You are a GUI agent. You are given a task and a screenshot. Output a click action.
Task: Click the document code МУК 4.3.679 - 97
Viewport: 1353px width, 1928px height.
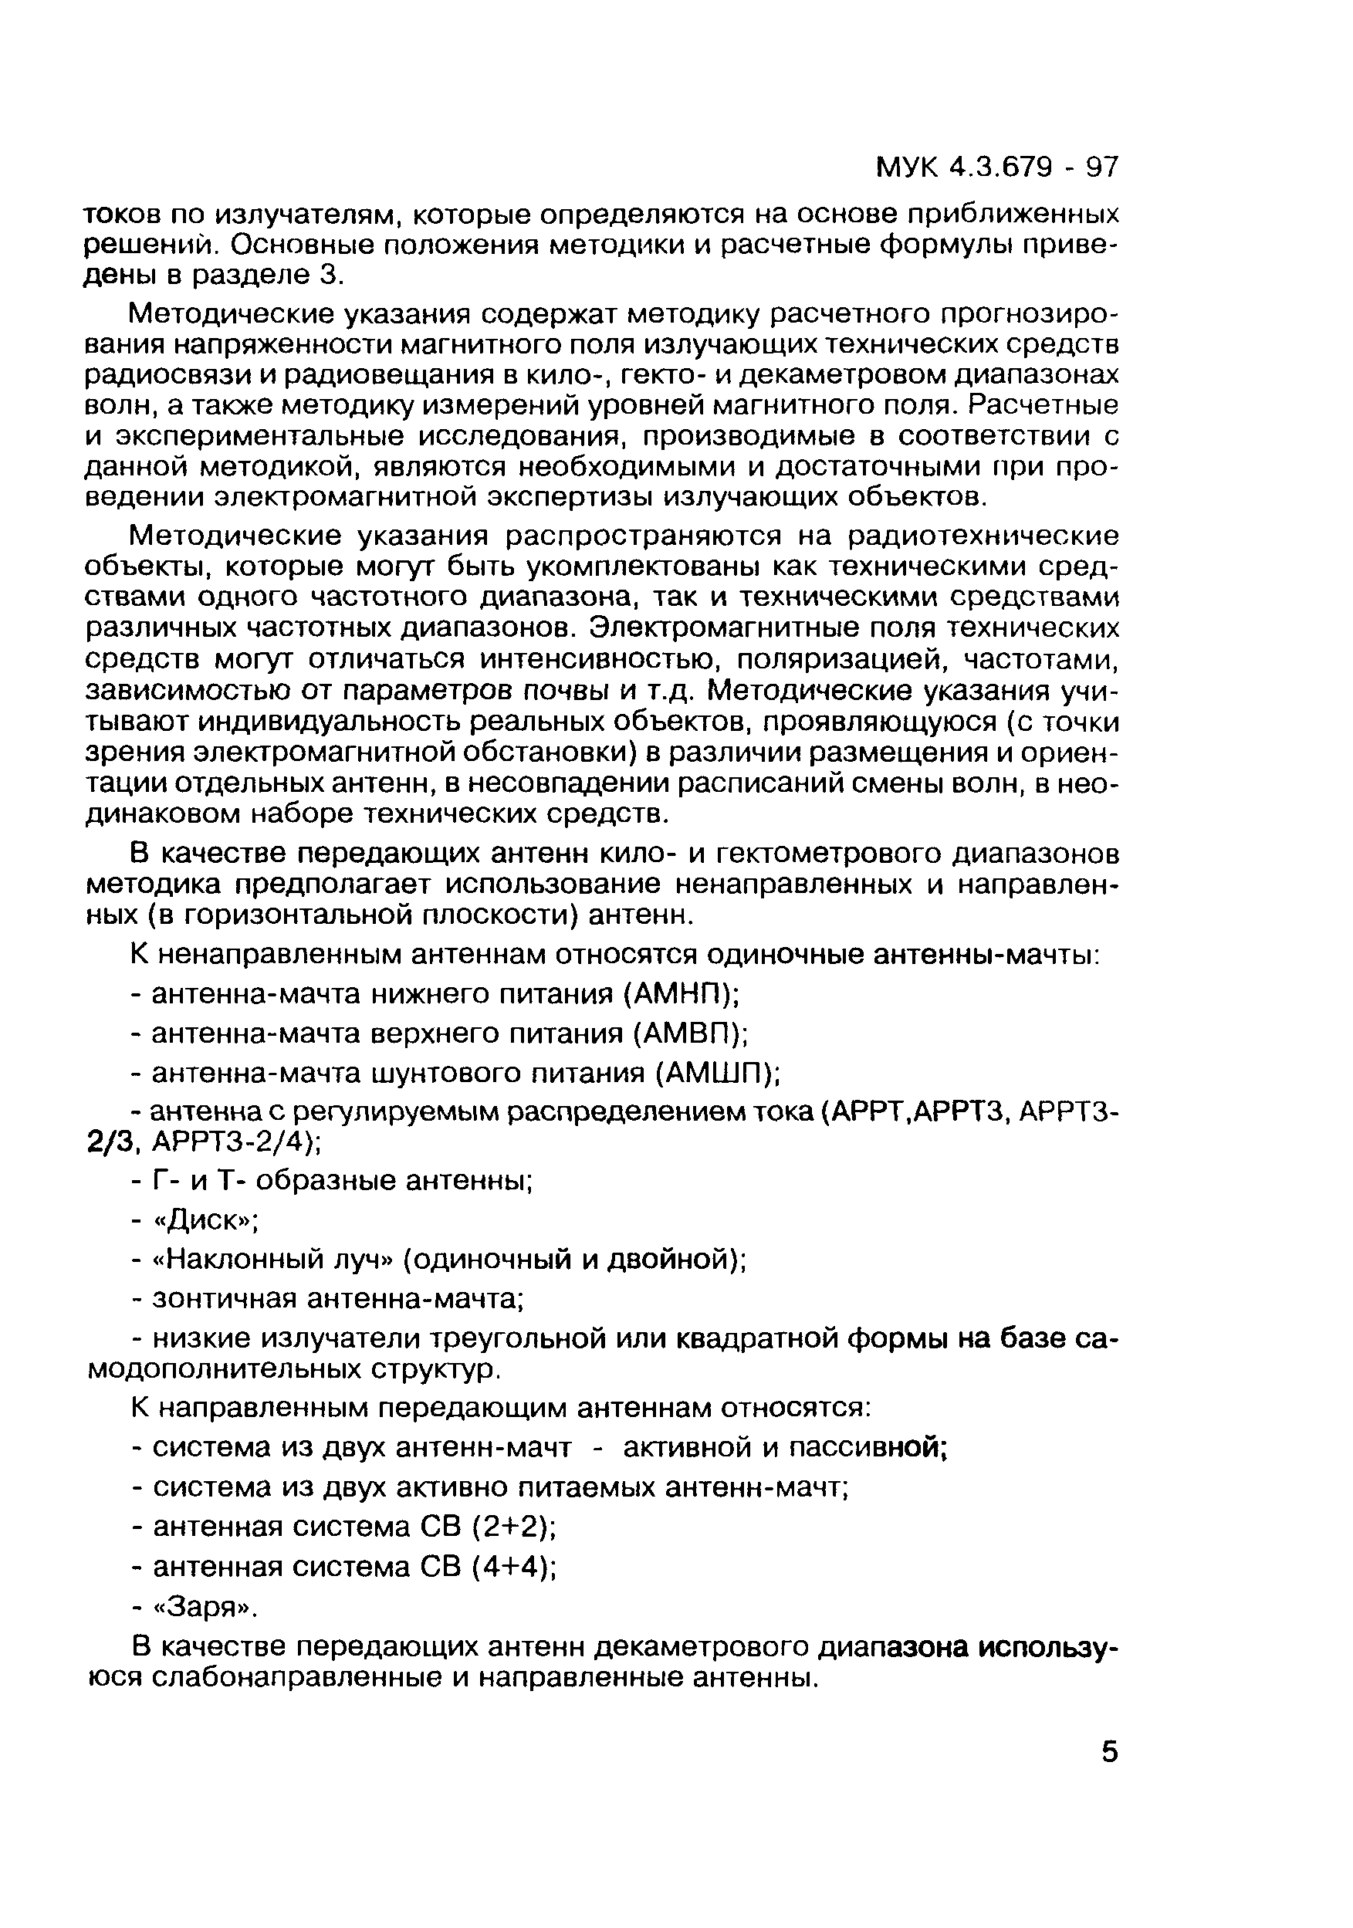[997, 168]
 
